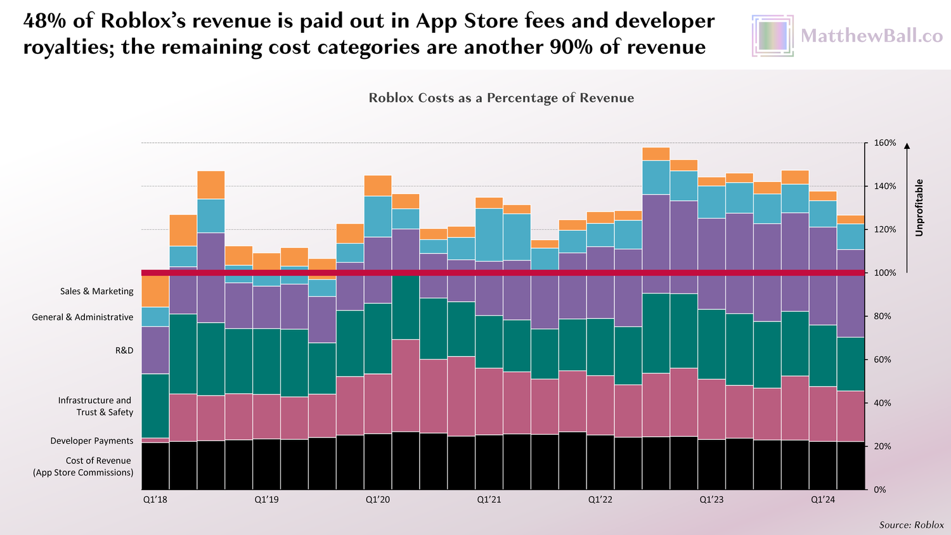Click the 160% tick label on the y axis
click(x=885, y=143)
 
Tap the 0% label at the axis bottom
click(x=880, y=490)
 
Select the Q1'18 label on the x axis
click(x=155, y=500)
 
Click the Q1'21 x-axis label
click(x=489, y=500)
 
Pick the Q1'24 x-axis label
click(x=823, y=500)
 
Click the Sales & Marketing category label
click(x=97, y=292)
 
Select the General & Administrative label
click(x=82, y=317)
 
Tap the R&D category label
click(x=124, y=351)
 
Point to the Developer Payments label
click(x=92, y=441)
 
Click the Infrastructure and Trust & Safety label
click(x=96, y=406)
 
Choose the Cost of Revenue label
click(x=84, y=467)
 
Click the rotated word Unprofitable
click(x=919, y=208)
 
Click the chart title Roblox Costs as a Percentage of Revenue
click(x=501, y=98)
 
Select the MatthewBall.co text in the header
click(x=872, y=36)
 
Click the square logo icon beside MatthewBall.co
click(x=772, y=36)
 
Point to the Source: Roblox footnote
click(x=911, y=525)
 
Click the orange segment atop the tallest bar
click(x=656, y=154)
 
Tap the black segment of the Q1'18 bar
click(x=155, y=466)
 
